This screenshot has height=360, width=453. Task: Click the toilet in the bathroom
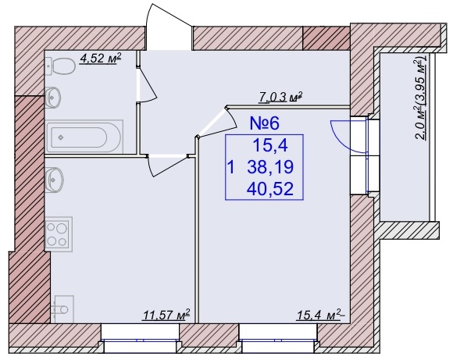(60, 66)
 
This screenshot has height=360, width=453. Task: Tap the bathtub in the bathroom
(84, 137)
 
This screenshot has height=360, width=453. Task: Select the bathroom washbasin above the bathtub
(53, 98)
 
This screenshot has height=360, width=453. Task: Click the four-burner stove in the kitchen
(59, 234)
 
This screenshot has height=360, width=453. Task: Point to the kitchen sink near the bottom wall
(62, 309)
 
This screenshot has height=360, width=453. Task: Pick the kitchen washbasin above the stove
(55, 180)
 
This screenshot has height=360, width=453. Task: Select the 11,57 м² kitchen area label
(166, 315)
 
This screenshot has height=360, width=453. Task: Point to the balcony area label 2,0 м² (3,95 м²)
(420, 98)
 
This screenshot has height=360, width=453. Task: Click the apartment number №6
(265, 123)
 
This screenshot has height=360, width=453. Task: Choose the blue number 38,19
(270, 167)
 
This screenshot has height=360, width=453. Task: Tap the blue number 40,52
(270, 188)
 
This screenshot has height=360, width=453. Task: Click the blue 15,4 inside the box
(270, 145)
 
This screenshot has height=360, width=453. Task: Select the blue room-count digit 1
(231, 167)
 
